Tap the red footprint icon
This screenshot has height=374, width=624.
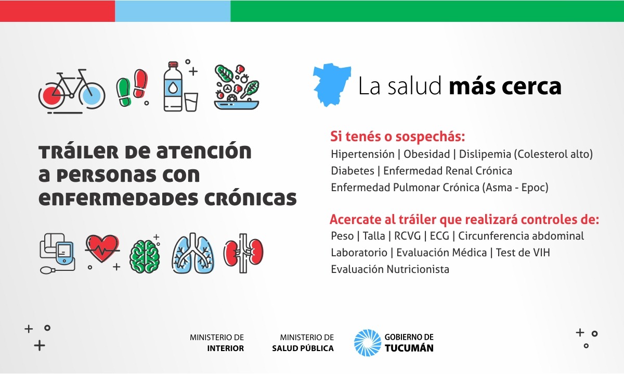[140, 83]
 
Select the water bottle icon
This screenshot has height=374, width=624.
[173, 86]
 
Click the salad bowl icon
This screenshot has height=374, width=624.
[237, 87]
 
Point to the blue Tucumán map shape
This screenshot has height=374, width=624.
[332, 84]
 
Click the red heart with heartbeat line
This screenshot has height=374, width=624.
[102, 248]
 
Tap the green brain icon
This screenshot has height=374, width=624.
[145, 256]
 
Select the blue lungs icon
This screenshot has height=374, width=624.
[193, 253]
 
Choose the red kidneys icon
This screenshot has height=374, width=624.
[243, 253]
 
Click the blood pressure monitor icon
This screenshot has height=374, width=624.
[58, 253]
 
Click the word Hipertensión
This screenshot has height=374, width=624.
[362, 154]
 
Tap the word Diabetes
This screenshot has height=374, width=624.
[353, 171]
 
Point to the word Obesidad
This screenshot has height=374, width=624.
[426, 154]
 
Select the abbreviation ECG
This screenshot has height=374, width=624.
[439, 236]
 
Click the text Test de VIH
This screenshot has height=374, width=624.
[523, 253]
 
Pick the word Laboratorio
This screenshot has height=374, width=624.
[359, 253]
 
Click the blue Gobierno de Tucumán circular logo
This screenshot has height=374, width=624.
[368, 343]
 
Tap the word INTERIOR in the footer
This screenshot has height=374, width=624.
[225, 348]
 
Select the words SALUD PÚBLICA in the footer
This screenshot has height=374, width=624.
[303, 348]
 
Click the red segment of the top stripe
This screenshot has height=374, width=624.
[57, 11]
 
